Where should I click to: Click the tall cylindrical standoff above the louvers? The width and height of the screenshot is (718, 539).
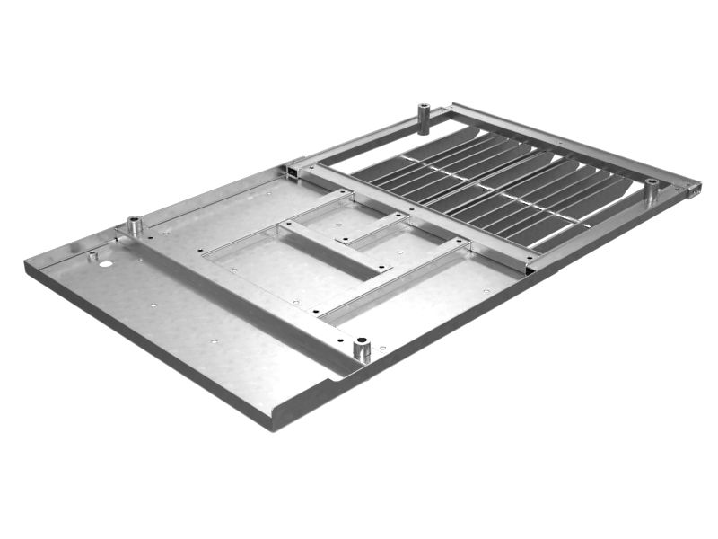click(x=424, y=118)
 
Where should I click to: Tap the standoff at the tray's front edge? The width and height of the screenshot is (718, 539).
click(x=363, y=349)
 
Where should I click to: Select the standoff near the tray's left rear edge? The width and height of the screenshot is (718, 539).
click(x=135, y=225)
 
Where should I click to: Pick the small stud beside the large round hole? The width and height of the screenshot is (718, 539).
click(x=92, y=255)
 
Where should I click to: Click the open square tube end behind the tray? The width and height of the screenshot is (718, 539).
click(x=293, y=168)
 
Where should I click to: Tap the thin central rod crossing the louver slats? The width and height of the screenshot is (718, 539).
click(x=503, y=190)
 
